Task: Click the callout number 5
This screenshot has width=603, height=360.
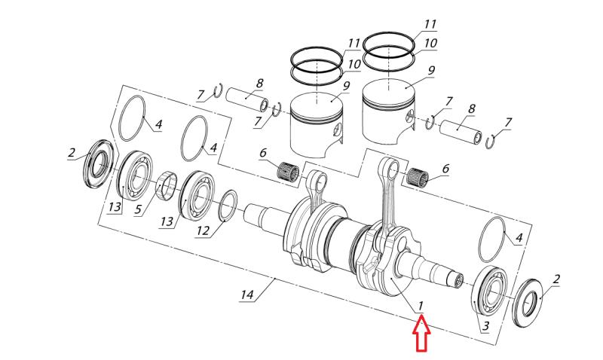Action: pos(139,209)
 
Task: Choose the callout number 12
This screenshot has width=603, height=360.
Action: pos(203,230)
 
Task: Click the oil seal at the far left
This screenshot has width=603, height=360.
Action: pos(99,160)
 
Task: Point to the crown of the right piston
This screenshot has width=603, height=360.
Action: pos(392,94)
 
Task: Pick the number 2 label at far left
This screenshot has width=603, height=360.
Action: pos(72,153)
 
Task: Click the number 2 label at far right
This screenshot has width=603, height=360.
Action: pos(556,279)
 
